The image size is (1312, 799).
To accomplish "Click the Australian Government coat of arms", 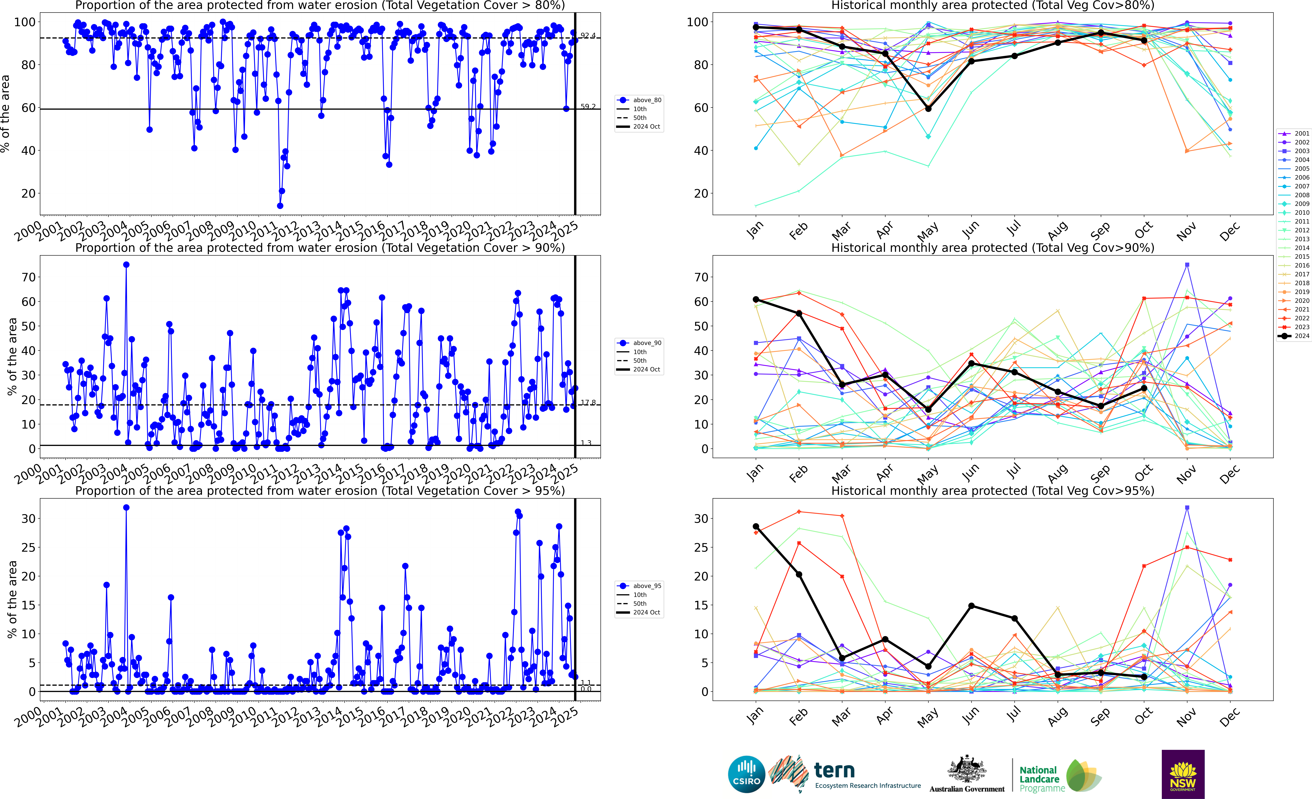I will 966,770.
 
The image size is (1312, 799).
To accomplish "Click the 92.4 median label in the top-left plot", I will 588,36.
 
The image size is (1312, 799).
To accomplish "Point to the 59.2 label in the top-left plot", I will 588,107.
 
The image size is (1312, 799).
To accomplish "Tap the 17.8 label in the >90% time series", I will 588,403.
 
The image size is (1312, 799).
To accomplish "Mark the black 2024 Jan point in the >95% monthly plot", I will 756,526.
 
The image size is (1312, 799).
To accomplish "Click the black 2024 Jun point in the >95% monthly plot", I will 971,606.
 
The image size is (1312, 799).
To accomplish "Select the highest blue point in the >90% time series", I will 126,265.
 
